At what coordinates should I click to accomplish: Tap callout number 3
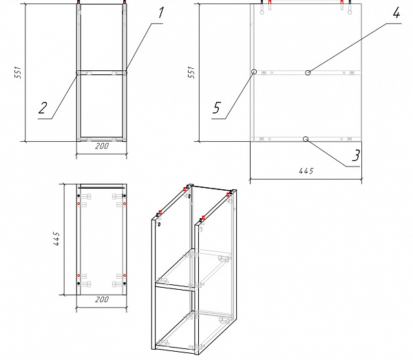(355, 156)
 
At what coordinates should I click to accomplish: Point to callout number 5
(218, 107)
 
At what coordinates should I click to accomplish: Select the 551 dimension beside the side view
(191, 73)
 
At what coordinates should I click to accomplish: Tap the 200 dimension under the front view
(102, 147)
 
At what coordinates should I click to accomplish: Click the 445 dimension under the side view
(306, 171)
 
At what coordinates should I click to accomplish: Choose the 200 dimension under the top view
(101, 300)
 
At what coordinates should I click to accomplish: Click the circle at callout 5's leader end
(254, 71)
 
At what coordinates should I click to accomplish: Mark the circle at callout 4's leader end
(308, 71)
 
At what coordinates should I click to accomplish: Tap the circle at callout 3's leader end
(304, 138)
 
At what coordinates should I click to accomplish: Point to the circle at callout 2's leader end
(77, 71)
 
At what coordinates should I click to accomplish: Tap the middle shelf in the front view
(102, 71)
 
